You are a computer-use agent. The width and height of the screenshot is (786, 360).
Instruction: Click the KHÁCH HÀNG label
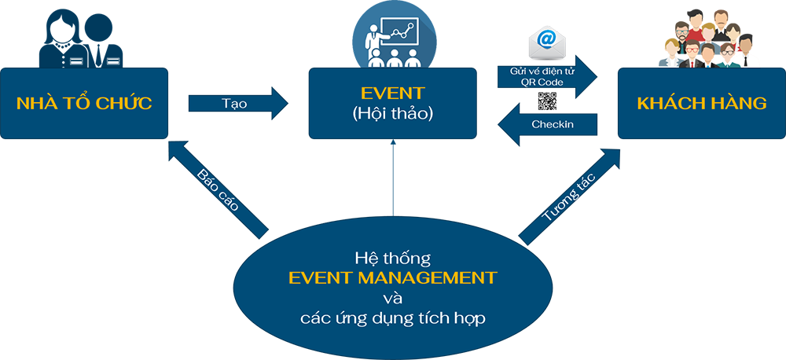point(701,104)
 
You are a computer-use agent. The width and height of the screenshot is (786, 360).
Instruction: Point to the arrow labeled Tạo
point(240,104)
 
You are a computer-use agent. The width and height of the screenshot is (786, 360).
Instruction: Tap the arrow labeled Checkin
point(542,126)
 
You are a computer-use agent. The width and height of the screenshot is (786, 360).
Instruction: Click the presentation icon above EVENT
point(393,35)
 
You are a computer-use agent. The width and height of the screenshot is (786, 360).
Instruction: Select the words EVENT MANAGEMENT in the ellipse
point(392,277)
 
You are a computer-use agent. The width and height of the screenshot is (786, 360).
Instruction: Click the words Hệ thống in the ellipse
point(392,257)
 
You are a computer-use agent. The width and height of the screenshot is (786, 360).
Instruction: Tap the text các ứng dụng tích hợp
point(392,318)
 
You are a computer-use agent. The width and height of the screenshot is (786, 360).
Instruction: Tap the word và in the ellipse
point(391,299)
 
